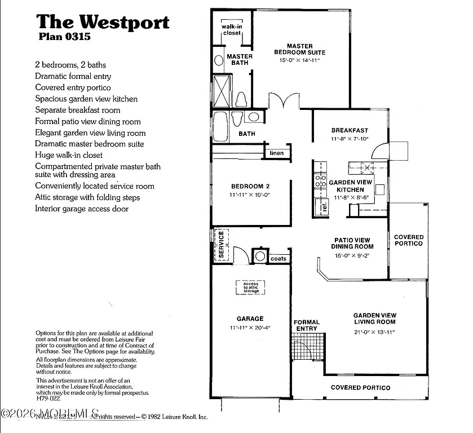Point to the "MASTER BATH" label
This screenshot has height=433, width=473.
(x=240, y=59)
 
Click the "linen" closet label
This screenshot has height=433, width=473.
(x=277, y=153)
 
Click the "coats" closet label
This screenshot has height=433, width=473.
(x=279, y=259)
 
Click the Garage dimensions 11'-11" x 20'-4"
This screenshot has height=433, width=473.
(x=250, y=327)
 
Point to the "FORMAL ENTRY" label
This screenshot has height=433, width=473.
(x=307, y=325)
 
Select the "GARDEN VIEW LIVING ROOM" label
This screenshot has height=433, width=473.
(x=374, y=319)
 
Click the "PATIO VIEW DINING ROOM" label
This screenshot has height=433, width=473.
(x=353, y=243)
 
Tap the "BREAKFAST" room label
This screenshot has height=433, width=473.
(x=350, y=130)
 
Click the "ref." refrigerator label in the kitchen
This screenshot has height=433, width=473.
(x=324, y=206)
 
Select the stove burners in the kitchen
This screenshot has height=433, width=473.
(x=320, y=180)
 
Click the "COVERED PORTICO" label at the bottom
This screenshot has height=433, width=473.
(x=360, y=388)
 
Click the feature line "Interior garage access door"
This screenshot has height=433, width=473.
(x=82, y=209)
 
